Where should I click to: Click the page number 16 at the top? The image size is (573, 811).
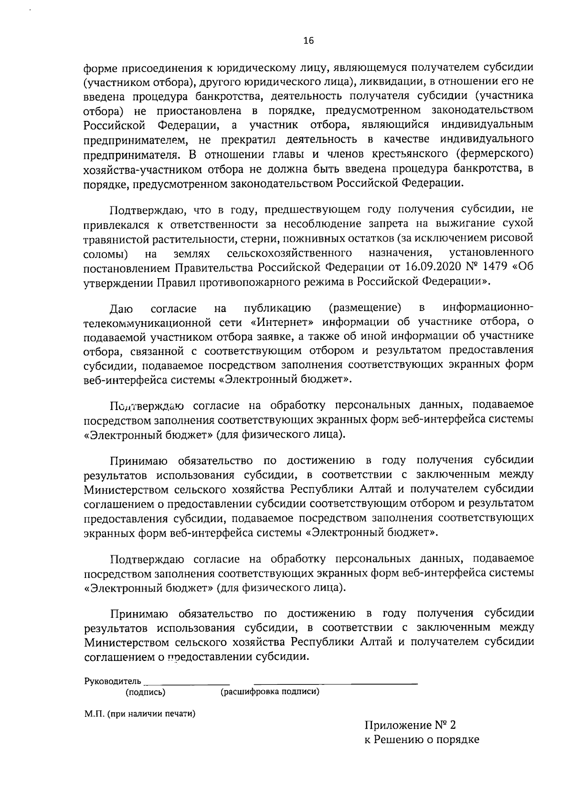click(x=308, y=41)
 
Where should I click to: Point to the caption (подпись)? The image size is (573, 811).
click(x=146, y=692)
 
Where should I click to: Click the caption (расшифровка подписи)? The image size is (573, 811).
click(x=269, y=692)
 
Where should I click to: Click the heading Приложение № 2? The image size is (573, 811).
click(x=410, y=739)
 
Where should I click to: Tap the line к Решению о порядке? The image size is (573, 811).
click(x=422, y=754)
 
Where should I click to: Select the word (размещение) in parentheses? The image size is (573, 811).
click(x=365, y=306)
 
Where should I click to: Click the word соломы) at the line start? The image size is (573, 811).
click(x=105, y=252)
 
